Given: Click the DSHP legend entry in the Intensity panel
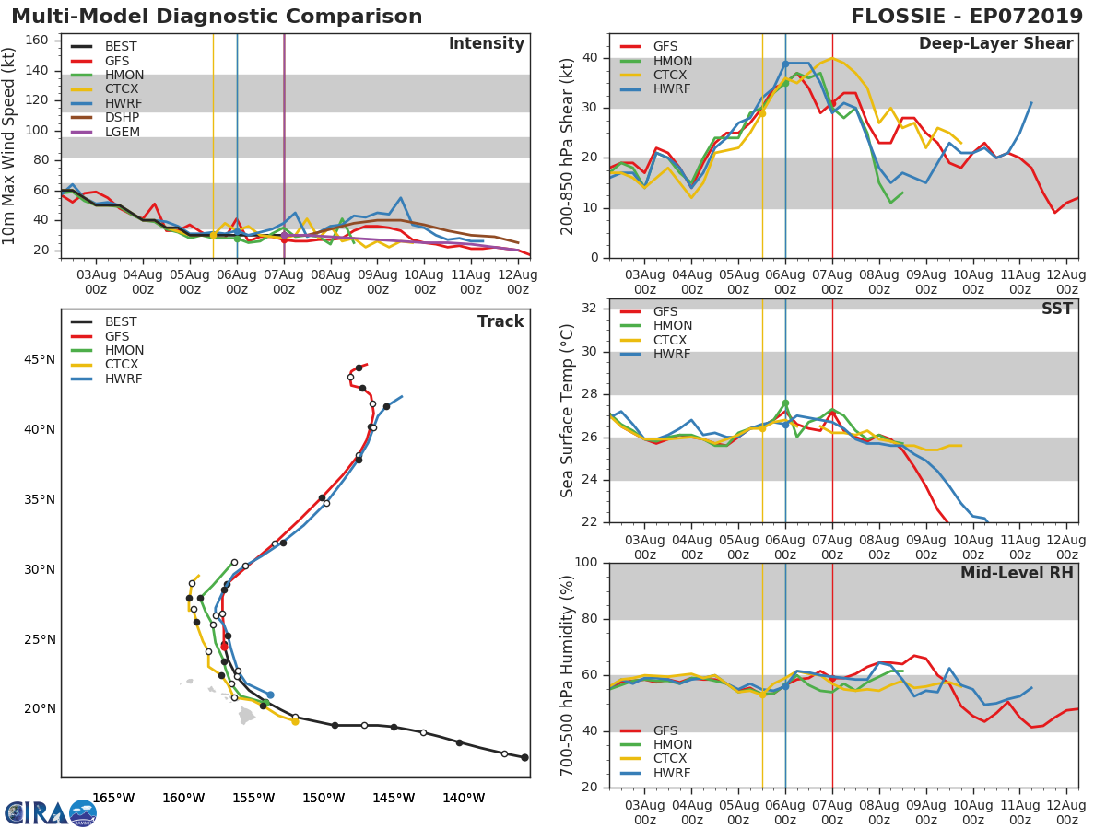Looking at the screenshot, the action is coord(105,117).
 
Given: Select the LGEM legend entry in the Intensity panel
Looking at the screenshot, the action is coord(105,132).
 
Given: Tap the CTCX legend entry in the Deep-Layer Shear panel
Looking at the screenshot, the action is coord(653,75).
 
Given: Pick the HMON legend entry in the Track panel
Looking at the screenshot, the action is coord(107,350).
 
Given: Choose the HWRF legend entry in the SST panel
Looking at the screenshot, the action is coord(655,354).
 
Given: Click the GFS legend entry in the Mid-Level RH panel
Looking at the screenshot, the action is coord(649,730).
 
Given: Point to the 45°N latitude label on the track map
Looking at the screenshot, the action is coord(40,359).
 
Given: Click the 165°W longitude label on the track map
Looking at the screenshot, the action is coord(114,799).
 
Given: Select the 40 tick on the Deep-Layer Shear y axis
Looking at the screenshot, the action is coord(591,57).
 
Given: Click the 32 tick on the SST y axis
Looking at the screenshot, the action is coord(590,308).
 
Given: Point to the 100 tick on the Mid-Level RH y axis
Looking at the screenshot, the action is coord(586,562).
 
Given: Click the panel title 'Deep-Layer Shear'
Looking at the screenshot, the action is coord(995,44).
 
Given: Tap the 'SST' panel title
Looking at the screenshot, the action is coord(1056,309).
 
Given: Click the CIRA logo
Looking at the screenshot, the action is coord(51,813).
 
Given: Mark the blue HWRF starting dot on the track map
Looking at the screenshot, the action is coord(270,695).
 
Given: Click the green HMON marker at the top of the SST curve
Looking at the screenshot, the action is coord(785,403).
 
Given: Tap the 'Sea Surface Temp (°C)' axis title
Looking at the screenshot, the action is coord(567,411).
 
